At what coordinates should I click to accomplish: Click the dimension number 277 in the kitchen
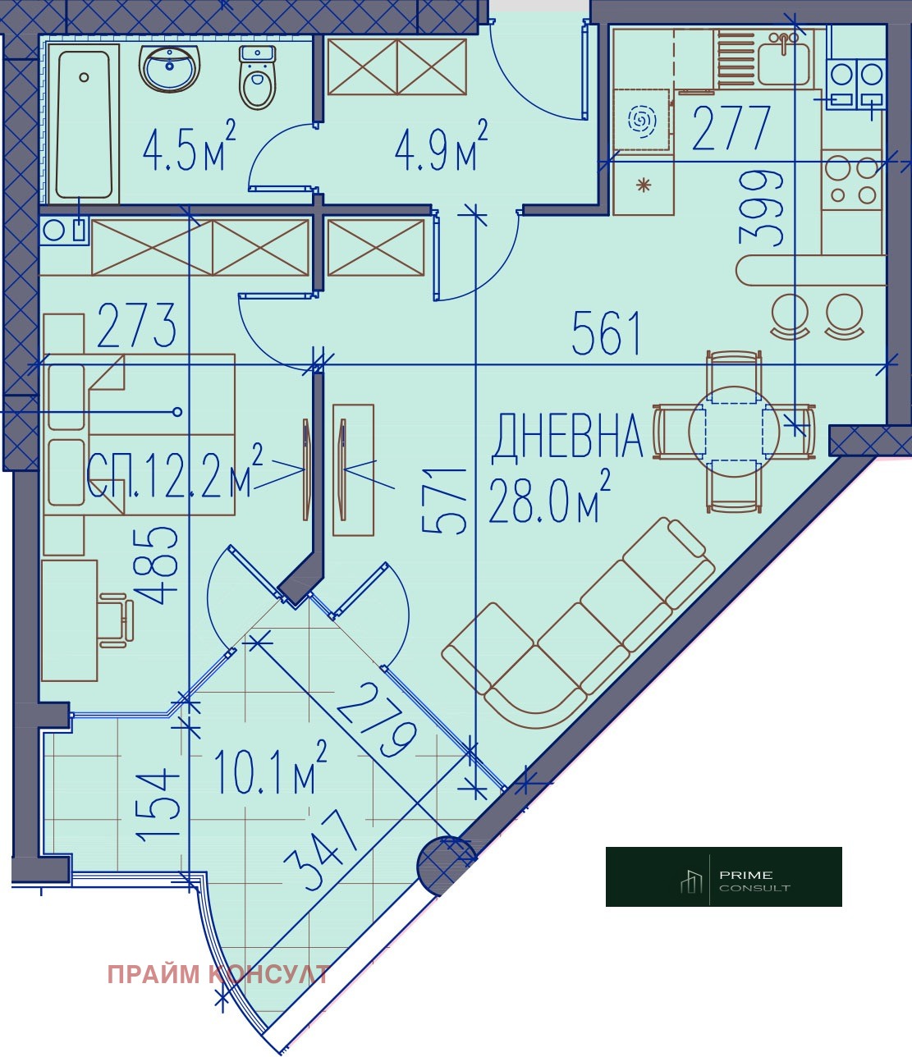pos(731,128)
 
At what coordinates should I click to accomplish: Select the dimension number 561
pos(607,333)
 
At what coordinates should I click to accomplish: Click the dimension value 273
pos(136,325)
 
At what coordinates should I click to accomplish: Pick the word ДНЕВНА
pos(566,437)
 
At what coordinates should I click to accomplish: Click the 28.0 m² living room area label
pos(550,496)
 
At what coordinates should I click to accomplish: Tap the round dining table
pos(734,431)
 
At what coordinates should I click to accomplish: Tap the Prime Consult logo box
pos(724,876)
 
